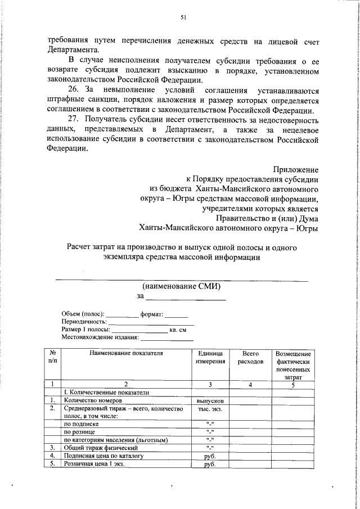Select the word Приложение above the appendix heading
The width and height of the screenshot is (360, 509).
296,169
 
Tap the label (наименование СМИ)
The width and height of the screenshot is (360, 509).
181,286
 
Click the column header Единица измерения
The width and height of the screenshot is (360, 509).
210,358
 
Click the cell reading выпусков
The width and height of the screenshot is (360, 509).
210,400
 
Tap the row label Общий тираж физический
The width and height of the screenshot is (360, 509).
101,447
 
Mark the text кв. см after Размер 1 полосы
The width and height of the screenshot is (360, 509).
178,329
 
